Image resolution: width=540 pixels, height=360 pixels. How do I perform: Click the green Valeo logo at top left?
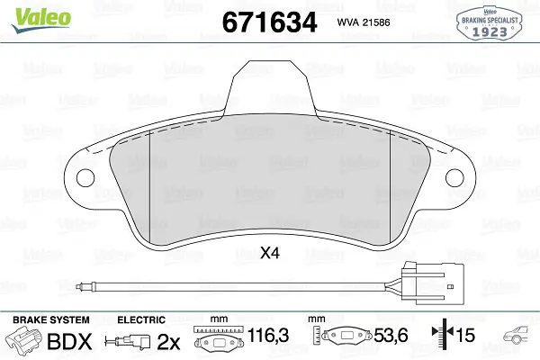pos(41,21)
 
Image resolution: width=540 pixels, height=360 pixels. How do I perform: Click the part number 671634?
pos(269,22)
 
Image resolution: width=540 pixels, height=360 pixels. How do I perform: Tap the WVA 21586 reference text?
pos(364,22)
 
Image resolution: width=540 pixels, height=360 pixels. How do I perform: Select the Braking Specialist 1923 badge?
pos(490,22)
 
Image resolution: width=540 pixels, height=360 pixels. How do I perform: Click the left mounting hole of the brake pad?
pos(85,178)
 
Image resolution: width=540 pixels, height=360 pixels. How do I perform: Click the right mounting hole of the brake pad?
pos(454,178)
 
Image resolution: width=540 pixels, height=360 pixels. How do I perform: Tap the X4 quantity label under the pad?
pos(270,254)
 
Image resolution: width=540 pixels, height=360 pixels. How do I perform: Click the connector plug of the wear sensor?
pos(433,283)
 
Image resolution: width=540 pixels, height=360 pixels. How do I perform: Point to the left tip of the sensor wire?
pos(78,285)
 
